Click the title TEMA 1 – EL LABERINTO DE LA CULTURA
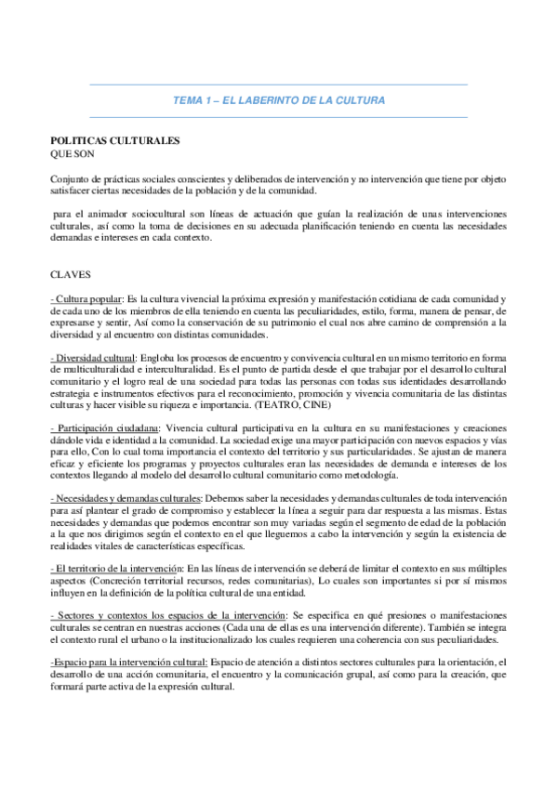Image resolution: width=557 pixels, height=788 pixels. point(279,99)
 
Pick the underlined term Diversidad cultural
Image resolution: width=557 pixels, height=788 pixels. point(97,358)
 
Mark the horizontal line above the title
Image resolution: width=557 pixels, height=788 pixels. point(279,85)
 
